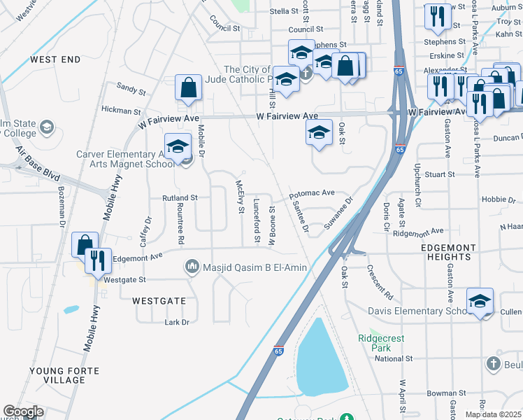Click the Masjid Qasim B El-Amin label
255,267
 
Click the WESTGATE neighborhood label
159,300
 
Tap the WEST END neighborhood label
55,60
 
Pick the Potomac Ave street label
312,192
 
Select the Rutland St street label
181,198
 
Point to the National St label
394,358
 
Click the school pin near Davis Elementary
480,301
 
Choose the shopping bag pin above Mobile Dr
188,87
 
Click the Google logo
23,412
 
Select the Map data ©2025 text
493,414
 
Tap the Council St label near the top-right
306,29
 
